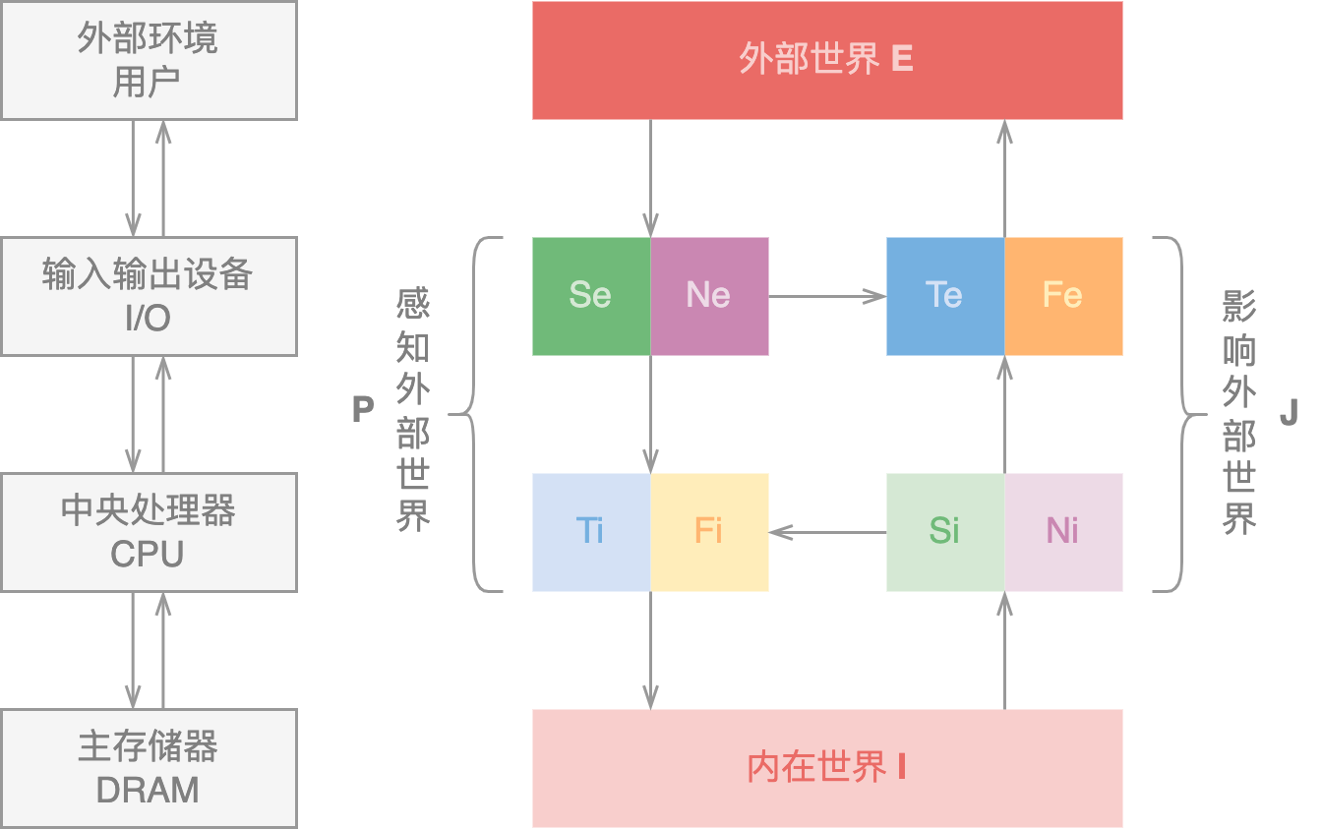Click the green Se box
coord(590,295)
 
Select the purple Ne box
coord(709,295)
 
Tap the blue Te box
coord(944,295)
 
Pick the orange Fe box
coord(1063,295)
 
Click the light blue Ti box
coord(590,531)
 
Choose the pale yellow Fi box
coord(709,531)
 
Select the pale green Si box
coord(944,531)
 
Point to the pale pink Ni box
coord(1063,531)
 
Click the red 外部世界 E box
coord(826,60)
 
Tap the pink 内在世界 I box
coord(826,767)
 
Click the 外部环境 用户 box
coord(149,60)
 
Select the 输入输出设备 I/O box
coord(149,295)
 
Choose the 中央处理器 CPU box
coord(149,531)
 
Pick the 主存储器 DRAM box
coord(149,767)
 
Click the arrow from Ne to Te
coord(826,295)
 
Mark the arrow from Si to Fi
coord(826,532)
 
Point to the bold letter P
coord(363,410)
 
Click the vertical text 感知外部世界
coord(413,410)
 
